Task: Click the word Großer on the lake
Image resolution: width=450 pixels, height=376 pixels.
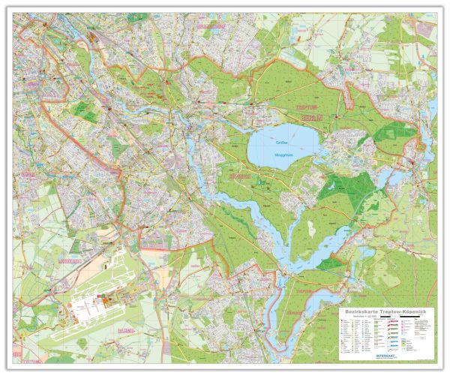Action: click(281, 141)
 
